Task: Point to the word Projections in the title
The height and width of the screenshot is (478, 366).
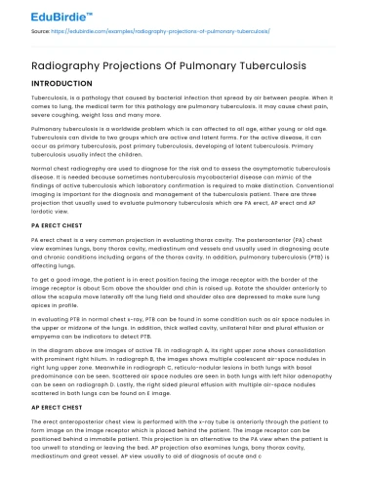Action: point(131,65)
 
